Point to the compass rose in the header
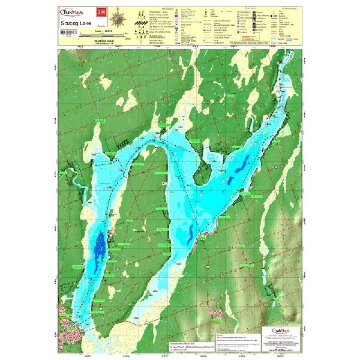[119, 17]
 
